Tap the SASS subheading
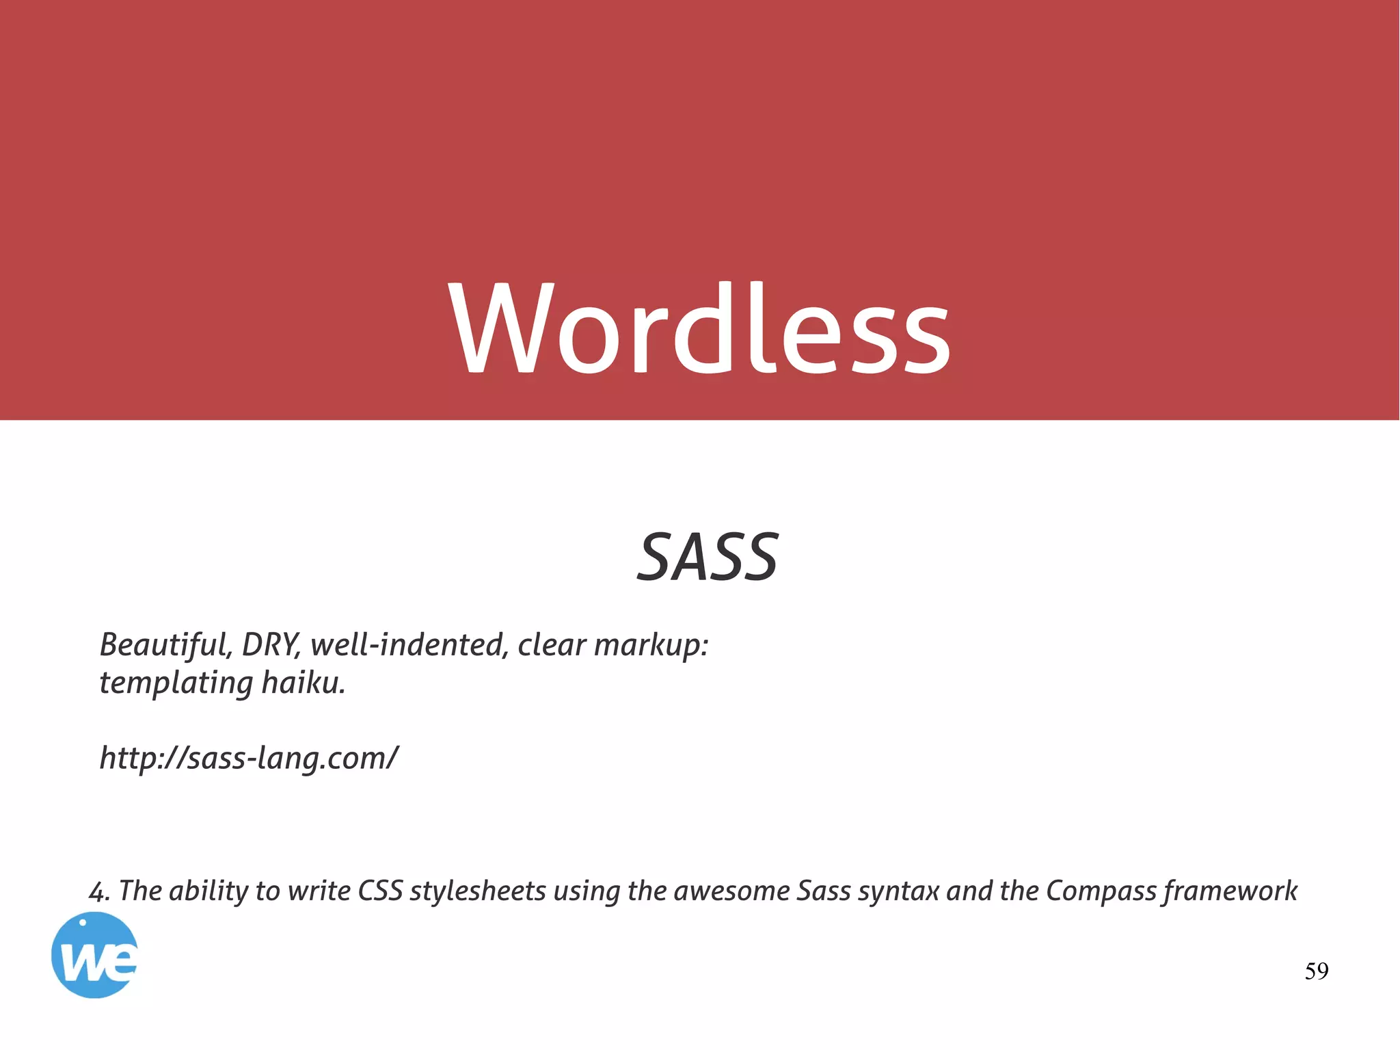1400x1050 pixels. (x=708, y=557)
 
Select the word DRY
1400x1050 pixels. (x=271, y=644)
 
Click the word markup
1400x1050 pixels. (x=651, y=646)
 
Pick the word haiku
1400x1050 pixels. (x=304, y=682)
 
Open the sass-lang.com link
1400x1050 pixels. (x=249, y=758)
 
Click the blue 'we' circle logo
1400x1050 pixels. (x=94, y=955)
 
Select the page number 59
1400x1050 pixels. (x=1316, y=971)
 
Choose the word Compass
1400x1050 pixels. (x=1101, y=892)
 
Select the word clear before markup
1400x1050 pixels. (x=552, y=644)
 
